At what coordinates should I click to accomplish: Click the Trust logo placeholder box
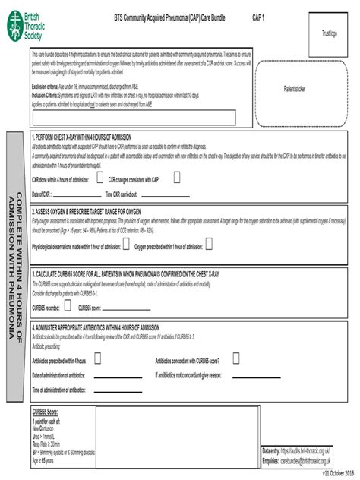(328, 34)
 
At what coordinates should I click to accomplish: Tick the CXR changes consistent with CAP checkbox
(177, 178)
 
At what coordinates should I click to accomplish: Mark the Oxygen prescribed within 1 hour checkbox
(209, 245)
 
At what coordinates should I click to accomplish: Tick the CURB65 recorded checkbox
(68, 305)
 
